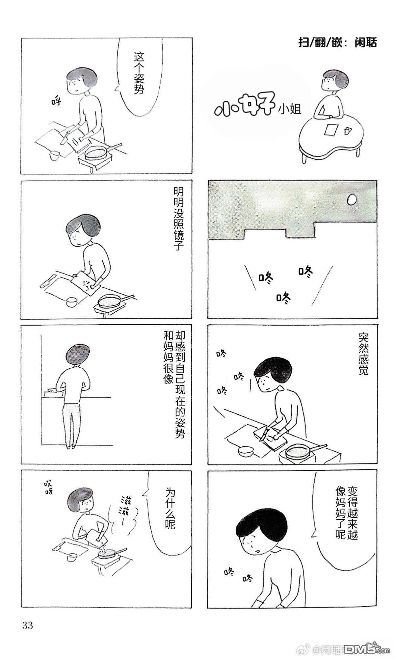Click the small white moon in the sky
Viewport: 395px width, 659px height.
(352, 199)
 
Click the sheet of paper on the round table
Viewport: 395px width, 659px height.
(330, 129)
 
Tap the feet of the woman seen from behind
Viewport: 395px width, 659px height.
(70, 447)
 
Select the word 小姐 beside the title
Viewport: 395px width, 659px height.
(290, 109)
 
